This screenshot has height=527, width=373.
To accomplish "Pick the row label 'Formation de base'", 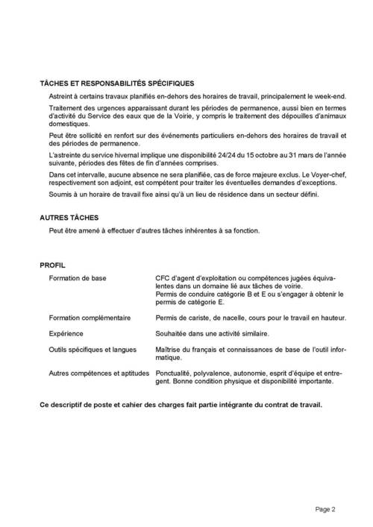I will pyautogui.click(x=78, y=278).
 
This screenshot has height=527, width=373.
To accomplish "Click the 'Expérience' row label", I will pyautogui.click(x=66, y=333).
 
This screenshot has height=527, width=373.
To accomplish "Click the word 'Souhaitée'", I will pyautogui.click(x=172, y=333).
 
